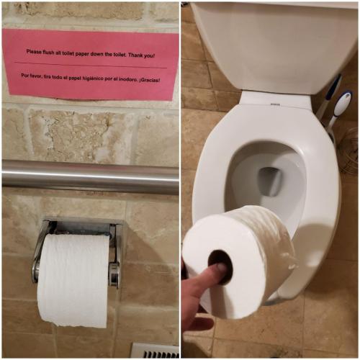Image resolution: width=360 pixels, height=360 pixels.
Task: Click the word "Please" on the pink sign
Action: click(x=35, y=53)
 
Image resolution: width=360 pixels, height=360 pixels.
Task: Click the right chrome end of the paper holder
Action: click(x=114, y=274)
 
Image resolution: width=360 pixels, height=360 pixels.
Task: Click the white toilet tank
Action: click(x=270, y=43)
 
